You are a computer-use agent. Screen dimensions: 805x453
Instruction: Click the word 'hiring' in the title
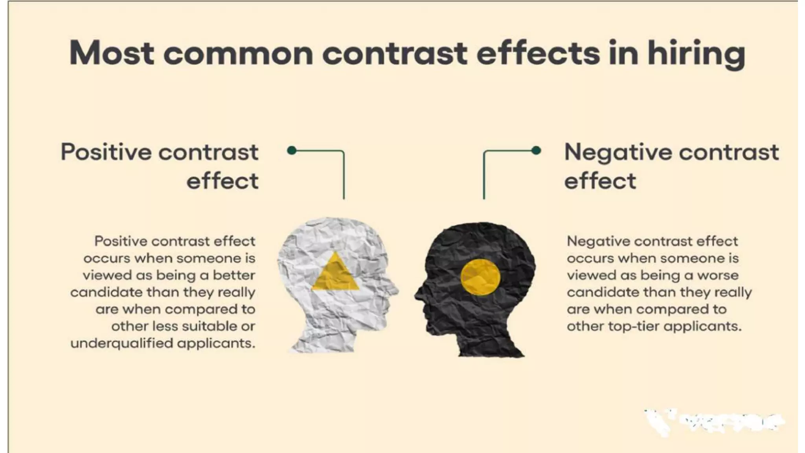point(696,54)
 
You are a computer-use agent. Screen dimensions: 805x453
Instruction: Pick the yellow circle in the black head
point(480,277)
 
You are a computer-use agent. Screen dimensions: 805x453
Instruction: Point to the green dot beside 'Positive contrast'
point(292,150)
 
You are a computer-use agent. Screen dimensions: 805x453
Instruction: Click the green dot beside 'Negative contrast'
point(536,150)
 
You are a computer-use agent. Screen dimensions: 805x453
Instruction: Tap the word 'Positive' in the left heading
point(106,152)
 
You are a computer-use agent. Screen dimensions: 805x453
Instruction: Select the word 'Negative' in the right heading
point(618,152)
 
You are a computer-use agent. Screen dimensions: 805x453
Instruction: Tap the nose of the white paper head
point(395,291)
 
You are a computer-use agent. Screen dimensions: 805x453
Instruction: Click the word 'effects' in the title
point(538,54)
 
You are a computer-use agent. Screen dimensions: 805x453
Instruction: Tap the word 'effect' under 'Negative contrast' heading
point(600,181)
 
